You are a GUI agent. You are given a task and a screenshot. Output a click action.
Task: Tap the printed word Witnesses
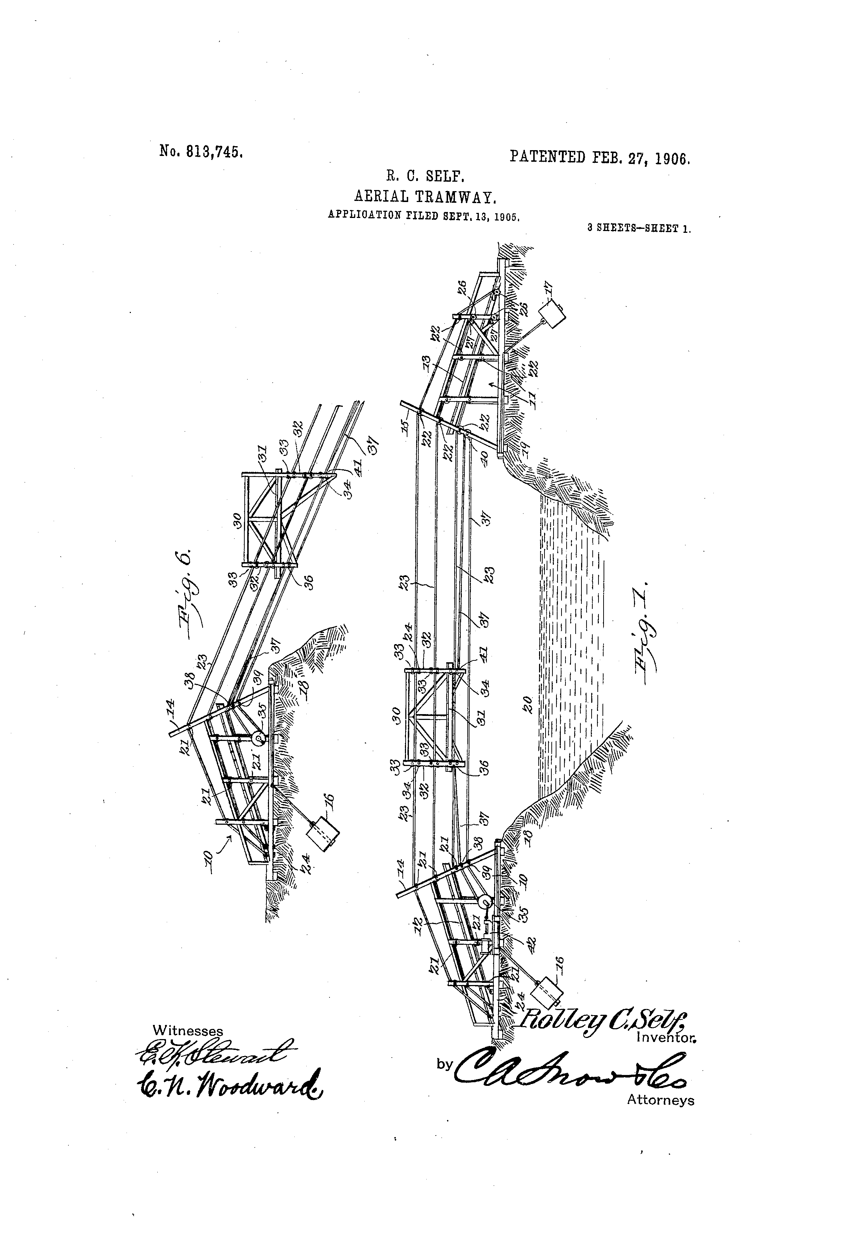click(x=188, y=1030)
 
